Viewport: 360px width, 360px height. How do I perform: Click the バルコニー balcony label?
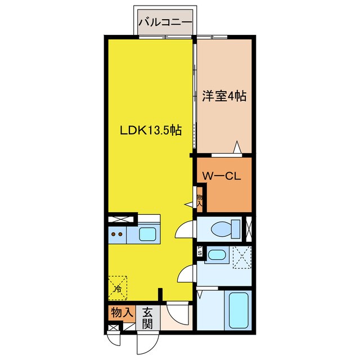165,22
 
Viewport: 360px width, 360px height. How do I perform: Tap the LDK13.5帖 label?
151,130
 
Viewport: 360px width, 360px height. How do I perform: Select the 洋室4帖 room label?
224,96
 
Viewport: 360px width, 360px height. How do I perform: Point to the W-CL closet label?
221,176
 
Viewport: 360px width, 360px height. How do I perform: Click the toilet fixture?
221,229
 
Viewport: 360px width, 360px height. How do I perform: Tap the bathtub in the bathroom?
238,310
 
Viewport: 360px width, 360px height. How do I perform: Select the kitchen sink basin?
147,234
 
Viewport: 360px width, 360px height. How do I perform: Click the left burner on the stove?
113,234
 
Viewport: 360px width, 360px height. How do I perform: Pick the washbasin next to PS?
217,255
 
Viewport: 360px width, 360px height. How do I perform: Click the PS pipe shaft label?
200,251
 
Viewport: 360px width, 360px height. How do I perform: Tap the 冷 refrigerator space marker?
118,289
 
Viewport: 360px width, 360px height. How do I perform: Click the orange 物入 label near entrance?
122,313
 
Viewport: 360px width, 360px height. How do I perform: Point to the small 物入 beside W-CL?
200,200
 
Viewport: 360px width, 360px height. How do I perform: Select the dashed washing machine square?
242,257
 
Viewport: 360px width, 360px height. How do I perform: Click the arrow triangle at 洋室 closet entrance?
237,147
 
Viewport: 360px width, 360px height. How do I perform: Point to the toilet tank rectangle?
236,229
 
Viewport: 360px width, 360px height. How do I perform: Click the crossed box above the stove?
121,219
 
